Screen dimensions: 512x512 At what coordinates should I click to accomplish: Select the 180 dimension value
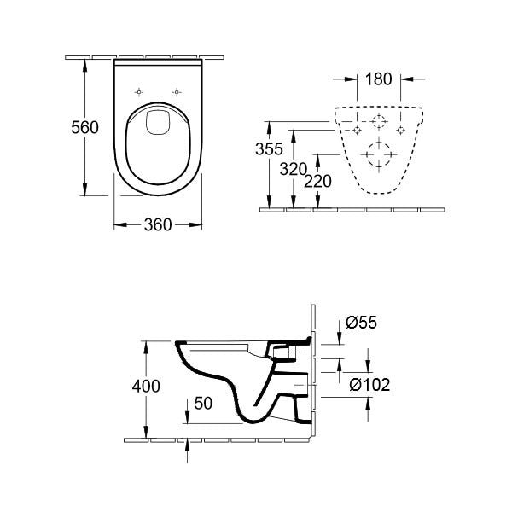378,80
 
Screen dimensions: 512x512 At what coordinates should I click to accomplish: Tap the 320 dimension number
294,169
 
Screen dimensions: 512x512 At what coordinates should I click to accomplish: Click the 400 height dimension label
146,387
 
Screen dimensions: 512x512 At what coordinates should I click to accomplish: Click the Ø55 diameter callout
362,323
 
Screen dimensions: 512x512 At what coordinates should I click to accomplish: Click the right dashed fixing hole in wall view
400,130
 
